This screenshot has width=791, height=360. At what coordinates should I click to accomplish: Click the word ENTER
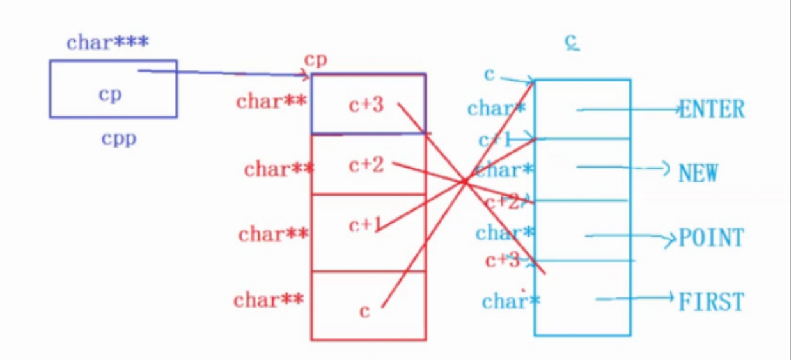coord(712,109)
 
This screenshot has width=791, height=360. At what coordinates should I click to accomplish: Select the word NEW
coord(698,173)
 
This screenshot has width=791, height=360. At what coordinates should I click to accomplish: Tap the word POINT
coord(711,238)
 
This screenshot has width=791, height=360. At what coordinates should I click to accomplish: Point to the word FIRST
coord(712,301)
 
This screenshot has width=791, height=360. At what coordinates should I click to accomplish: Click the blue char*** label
coord(107,43)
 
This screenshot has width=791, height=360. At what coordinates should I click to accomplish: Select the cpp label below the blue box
coord(119,138)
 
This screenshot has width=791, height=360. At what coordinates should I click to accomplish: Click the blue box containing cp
coord(113,89)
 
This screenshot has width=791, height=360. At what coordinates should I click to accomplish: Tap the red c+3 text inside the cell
coord(366,104)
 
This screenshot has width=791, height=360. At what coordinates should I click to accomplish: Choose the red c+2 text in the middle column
coord(366,165)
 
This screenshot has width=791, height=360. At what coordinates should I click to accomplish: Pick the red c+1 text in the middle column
coord(365,224)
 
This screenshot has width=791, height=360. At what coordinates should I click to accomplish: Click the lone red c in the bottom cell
coord(364,311)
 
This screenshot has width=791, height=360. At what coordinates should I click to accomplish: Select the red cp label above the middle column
coord(316,59)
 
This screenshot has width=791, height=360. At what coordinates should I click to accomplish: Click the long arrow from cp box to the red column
coord(224,73)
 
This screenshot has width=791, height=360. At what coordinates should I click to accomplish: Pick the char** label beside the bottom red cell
coord(268,299)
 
